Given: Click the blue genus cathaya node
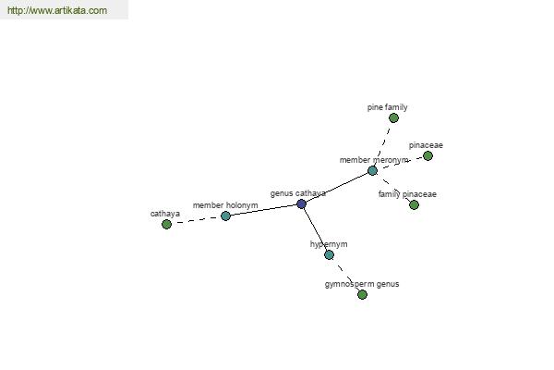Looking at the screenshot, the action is click(x=301, y=203).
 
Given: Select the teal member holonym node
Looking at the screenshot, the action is click(x=225, y=216).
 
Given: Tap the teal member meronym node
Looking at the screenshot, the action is click(x=372, y=170).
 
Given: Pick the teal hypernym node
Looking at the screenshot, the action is click(x=329, y=254).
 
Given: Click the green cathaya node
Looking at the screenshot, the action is click(x=166, y=224).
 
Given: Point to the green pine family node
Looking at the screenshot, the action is click(x=393, y=117).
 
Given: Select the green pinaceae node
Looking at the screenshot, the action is click(x=428, y=155).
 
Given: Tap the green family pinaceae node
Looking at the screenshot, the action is click(x=414, y=204).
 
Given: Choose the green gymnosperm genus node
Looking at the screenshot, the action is click(x=362, y=294).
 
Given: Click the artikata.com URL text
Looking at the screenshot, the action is click(x=57, y=10).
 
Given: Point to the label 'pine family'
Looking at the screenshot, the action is click(x=387, y=107).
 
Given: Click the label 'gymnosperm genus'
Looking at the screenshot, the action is click(x=362, y=284).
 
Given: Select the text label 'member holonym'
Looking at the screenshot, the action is click(x=225, y=205).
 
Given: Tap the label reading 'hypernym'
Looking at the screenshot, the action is click(x=329, y=244).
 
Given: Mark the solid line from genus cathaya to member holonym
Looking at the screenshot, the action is click(x=263, y=210).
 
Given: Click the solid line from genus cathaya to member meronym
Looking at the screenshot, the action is click(x=337, y=187).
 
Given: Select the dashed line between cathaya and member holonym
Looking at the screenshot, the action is click(x=196, y=220).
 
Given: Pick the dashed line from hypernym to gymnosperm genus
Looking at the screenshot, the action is click(x=345, y=275).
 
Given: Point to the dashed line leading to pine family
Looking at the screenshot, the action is click(x=383, y=144).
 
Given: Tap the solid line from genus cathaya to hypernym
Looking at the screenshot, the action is click(x=315, y=229).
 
